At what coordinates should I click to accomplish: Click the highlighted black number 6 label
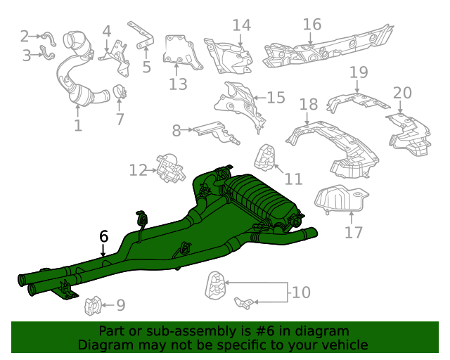pos(103,236)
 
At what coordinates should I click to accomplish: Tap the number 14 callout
pos(241,25)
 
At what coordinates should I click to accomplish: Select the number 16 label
pos(312,25)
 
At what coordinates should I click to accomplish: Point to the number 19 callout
pos(359,72)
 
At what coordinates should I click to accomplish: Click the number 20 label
pos(402,93)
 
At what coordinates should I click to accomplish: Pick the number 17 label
pos(354,232)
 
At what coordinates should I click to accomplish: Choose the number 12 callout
pos(139,170)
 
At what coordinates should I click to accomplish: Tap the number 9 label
pos(121,305)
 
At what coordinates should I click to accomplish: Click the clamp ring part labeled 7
pos(120,92)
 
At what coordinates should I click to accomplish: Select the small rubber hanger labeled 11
pos(264,157)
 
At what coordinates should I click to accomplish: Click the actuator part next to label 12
pos(170,168)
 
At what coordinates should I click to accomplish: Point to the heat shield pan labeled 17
pos(341,200)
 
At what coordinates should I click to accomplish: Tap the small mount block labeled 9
pos(93,306)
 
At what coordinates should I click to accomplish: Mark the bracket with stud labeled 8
pos(216,132)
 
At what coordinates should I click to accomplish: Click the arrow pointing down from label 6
pos(103,250)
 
